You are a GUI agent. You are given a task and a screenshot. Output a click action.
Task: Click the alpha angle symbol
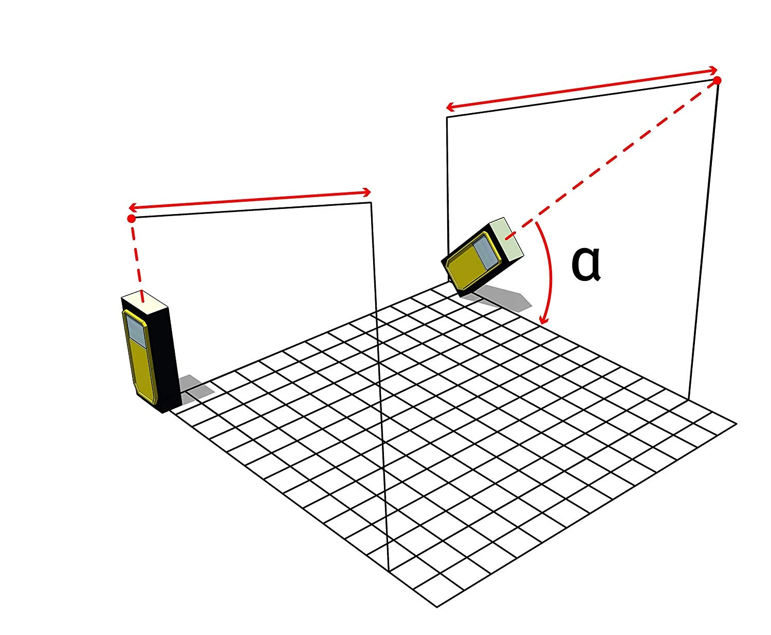[x=585, y=264]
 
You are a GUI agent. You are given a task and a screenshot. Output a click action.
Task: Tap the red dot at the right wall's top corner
[x=717, y=80]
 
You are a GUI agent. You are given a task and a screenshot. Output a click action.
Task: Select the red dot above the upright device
[x=132, y=219]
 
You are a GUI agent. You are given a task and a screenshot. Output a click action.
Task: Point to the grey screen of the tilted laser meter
[x=486, y=251]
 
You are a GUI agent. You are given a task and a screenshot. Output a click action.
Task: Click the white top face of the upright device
[x=144, y=302]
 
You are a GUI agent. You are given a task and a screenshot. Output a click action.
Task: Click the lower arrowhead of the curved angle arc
[x=544, y=319]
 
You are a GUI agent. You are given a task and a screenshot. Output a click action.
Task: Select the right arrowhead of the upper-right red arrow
[x=713, y=70]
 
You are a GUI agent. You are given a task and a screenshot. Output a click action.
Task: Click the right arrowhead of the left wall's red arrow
[x=366, y=192]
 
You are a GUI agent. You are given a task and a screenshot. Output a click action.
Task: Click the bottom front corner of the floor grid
[x=437, y=607]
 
